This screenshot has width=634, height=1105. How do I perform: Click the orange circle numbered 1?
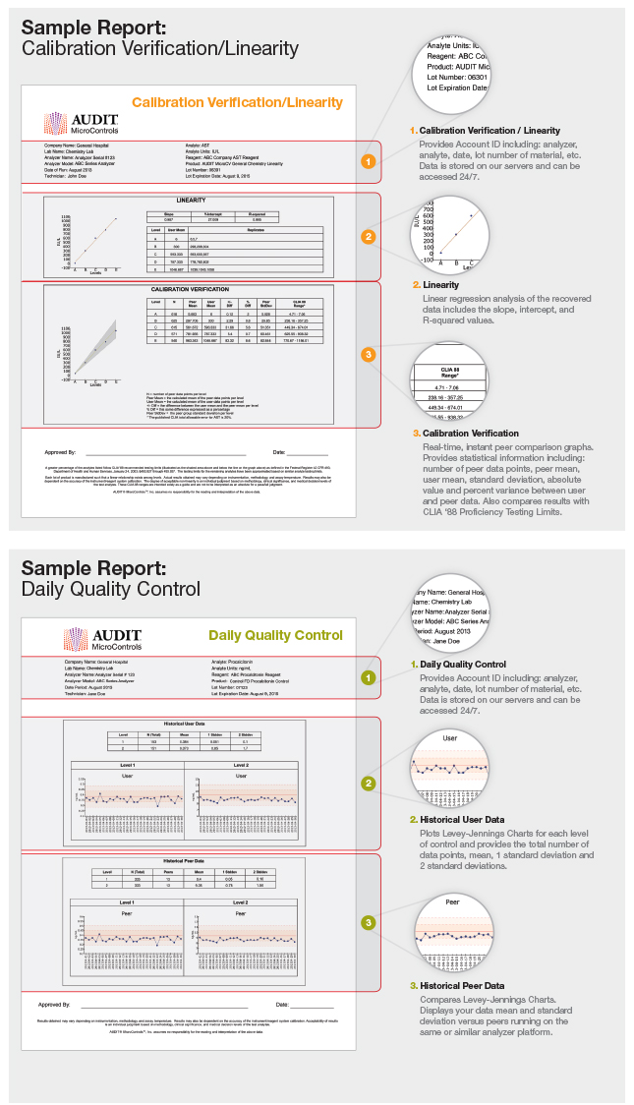click(x=368, y=160)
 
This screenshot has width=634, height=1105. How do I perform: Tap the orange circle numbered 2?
click(x=368, y=236)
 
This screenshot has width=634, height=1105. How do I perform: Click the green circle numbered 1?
click(x=368, y=677)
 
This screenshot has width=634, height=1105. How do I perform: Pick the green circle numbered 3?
click(x=368, y=922)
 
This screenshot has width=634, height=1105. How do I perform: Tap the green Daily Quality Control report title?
click(x=274, y=635)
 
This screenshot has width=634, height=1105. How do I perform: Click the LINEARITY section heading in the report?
click(x=191, y=200)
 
